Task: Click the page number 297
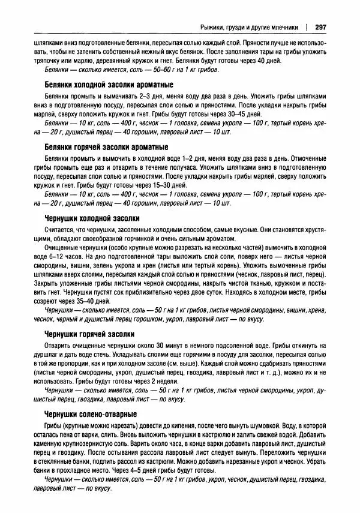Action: click(320, 26)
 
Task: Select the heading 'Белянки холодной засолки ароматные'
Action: click(109, 84)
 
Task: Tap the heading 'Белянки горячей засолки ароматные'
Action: click(107, 146)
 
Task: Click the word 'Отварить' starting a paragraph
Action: click(59, 346)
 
